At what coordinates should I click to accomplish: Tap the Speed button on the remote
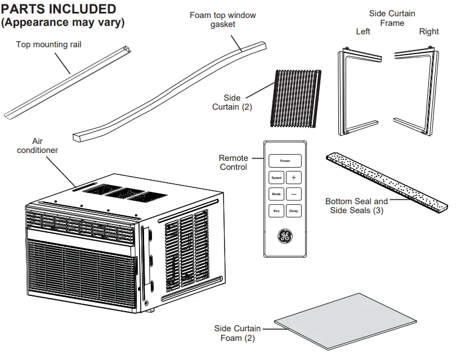click(x=276, y=177)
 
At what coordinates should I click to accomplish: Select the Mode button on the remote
click(x=276, y=194)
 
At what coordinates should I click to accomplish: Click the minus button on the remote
click(x=293, y=194)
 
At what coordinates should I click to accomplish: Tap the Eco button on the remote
click(x=276, y=211)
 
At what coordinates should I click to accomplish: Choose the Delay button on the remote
click(x=293, y=211)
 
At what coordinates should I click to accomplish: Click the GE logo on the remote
click(x=284, y=237)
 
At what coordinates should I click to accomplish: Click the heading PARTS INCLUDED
click(x=59, y=10)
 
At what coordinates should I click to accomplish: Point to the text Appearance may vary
click(x=63, y=23)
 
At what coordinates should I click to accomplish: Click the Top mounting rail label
click(x=48, y=44)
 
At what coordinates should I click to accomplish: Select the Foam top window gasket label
click(x=222, y=19)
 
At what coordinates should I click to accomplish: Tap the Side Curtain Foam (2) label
click(x=237, y=333)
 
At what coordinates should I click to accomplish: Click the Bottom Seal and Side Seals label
click(x=356, y=205)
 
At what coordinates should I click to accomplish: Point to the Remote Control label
click(x=233, y=163)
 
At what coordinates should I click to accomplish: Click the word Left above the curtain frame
click(x=363, y=31)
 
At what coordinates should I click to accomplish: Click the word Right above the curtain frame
click(x=428, y=31)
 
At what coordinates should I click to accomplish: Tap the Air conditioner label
click(x=37, y=146)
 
